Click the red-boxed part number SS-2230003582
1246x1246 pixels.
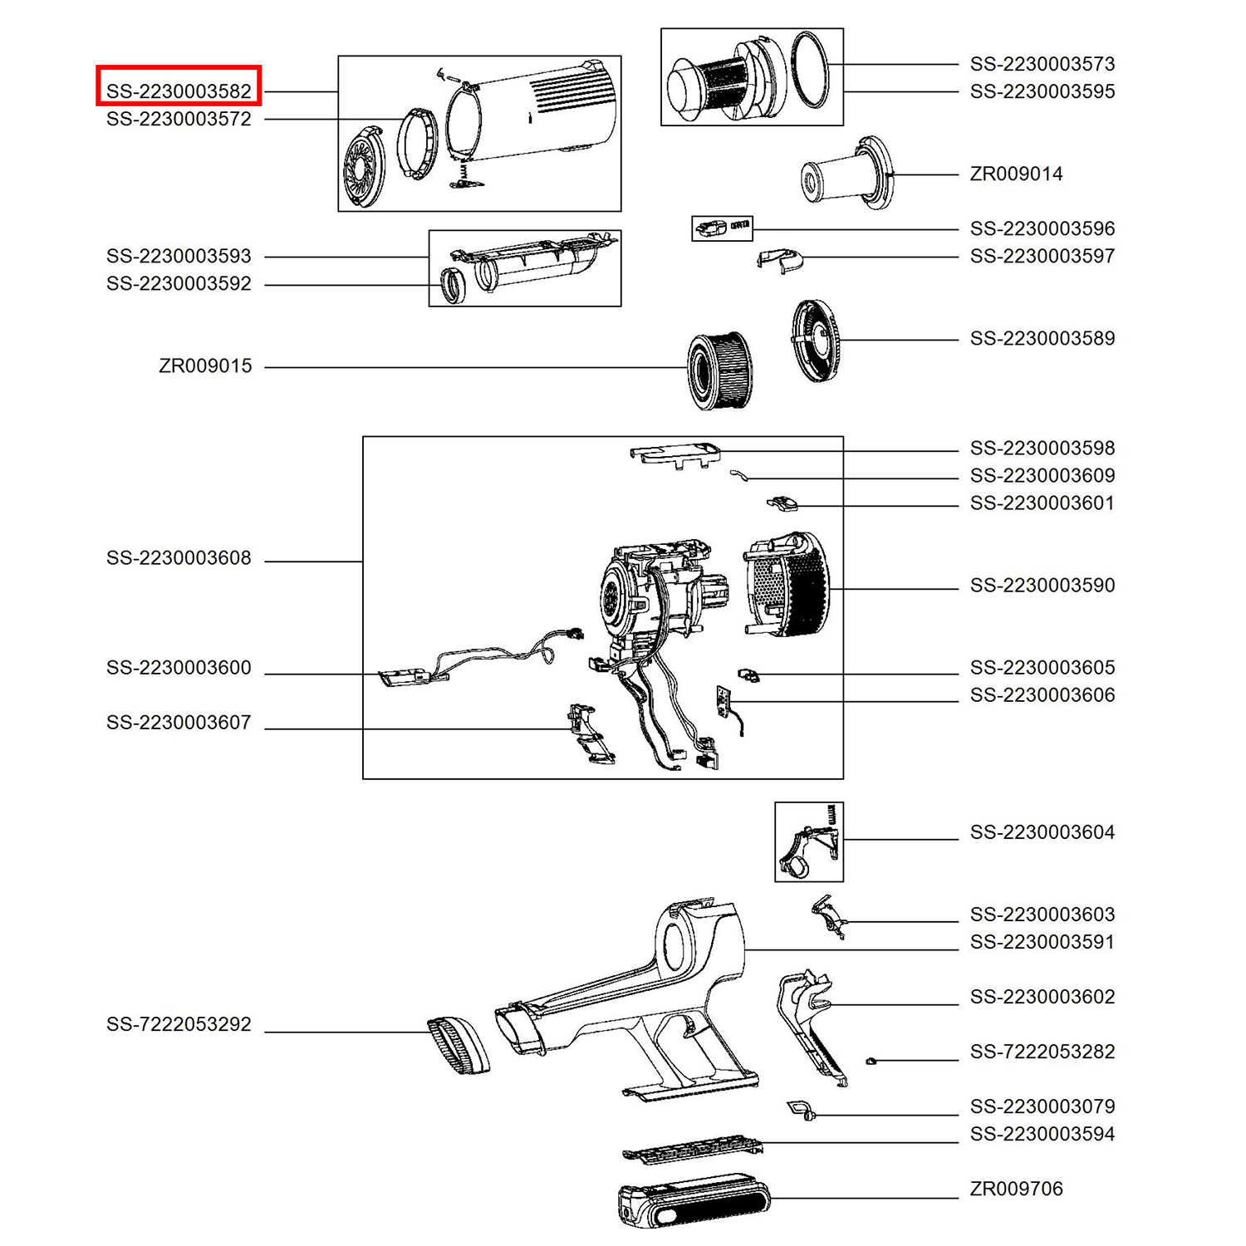click(179, 91)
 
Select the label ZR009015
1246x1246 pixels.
click(205, 365)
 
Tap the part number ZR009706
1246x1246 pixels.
click(1016, 1189)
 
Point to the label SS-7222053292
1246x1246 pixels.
click(179, 1024)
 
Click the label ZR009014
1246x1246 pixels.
click(1016, 174)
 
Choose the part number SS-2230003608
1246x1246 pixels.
click(179, 558)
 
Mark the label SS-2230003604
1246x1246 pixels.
click(1042, 832)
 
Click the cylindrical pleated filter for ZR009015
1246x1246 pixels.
click(719, 370)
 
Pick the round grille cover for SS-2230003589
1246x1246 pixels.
click(815, 341)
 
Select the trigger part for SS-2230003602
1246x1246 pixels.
click(810, 1026)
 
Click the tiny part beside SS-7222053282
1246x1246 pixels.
click(871, 1061)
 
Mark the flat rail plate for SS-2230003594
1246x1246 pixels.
click(692, 1150)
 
